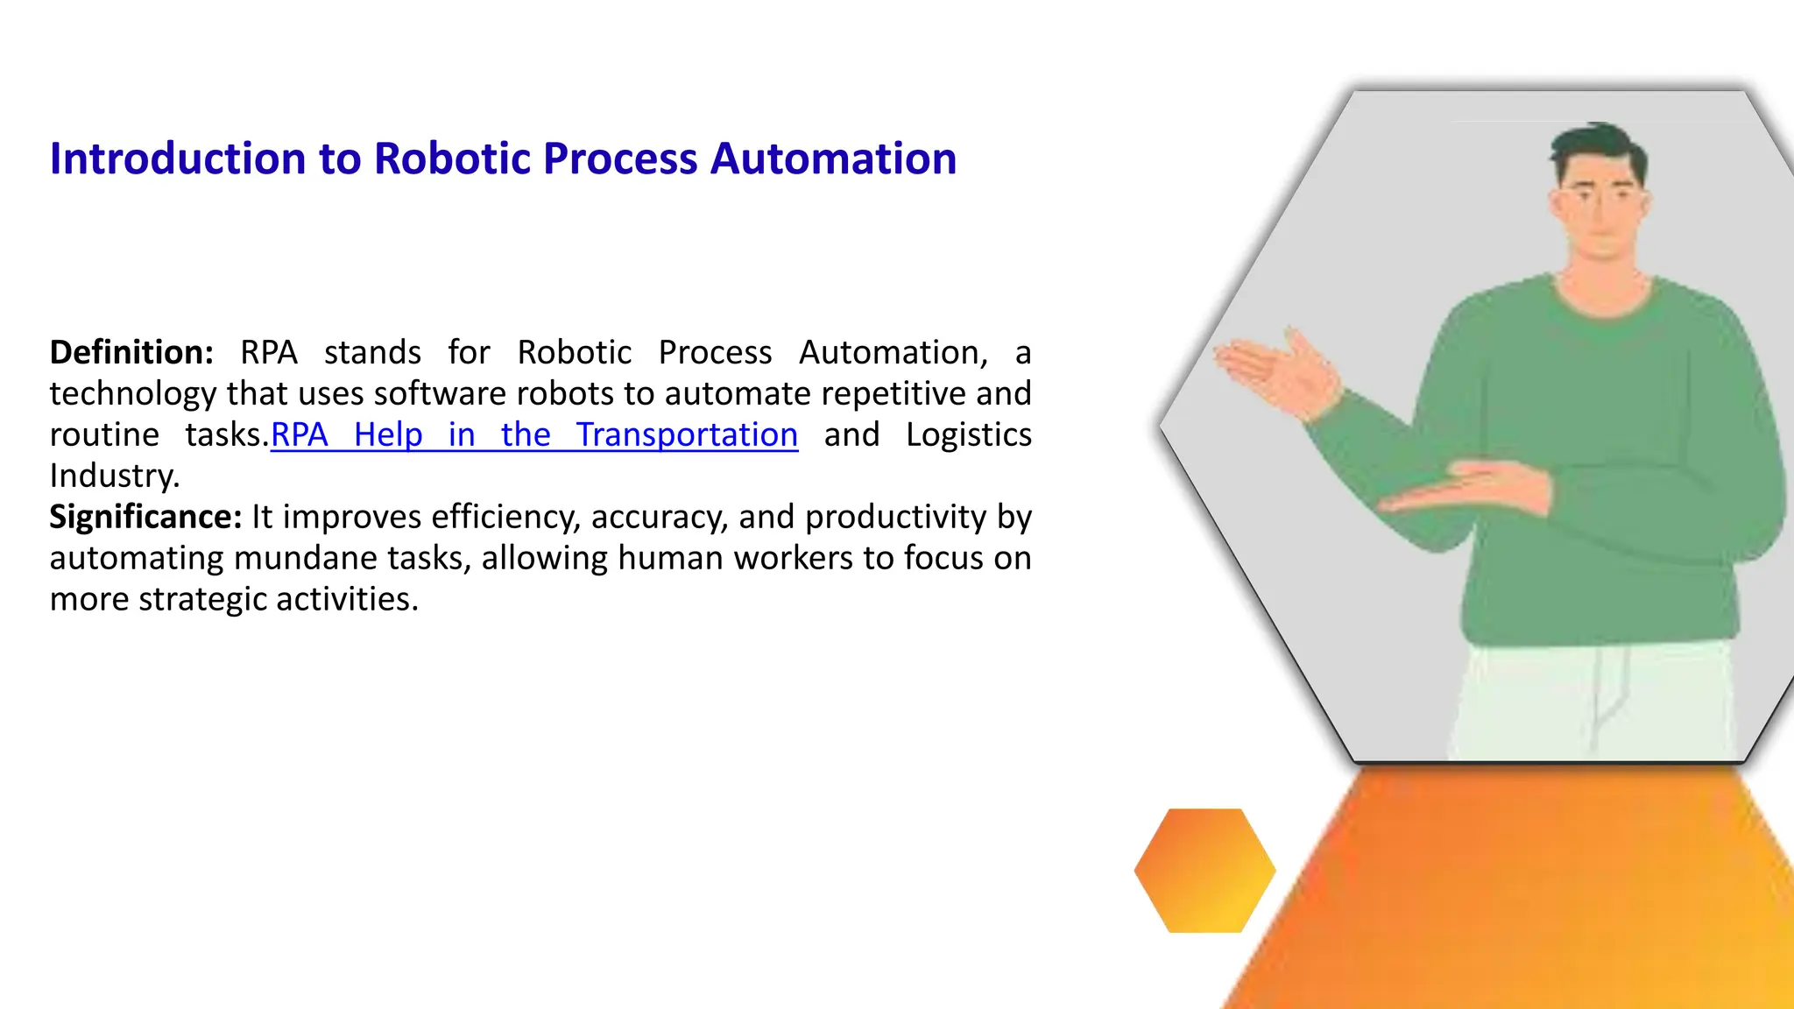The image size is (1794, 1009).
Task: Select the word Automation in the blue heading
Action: [833, 159]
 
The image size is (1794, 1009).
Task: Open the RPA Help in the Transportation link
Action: [534, 434]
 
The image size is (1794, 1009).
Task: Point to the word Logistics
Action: [968, 434]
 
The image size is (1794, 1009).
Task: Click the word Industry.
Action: [114, 476]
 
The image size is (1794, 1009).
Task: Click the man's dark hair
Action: [1598, 145]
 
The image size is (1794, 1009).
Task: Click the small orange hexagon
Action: [1204, 870]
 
